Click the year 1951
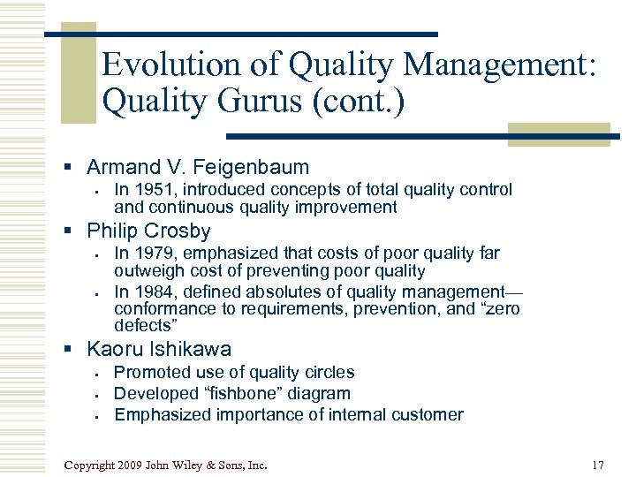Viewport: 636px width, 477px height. click(154, 189)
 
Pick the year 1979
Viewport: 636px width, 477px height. click(154, 254)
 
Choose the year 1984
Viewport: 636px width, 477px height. click(154, 291)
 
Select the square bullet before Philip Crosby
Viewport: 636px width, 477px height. click(77, 232)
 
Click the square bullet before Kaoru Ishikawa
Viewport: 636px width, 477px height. click(77, 350)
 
